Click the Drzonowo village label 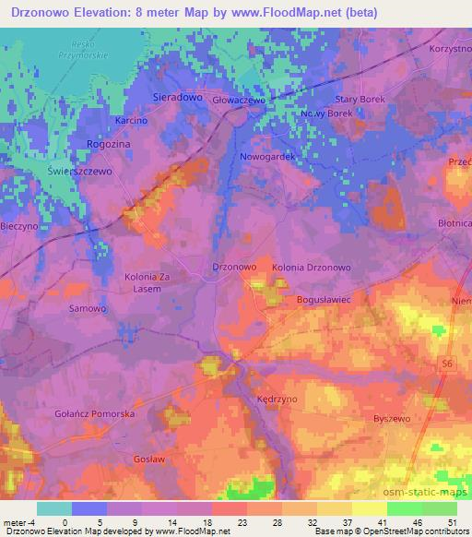233,266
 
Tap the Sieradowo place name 176,96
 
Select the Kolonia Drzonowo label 312,267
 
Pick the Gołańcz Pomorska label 95,414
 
